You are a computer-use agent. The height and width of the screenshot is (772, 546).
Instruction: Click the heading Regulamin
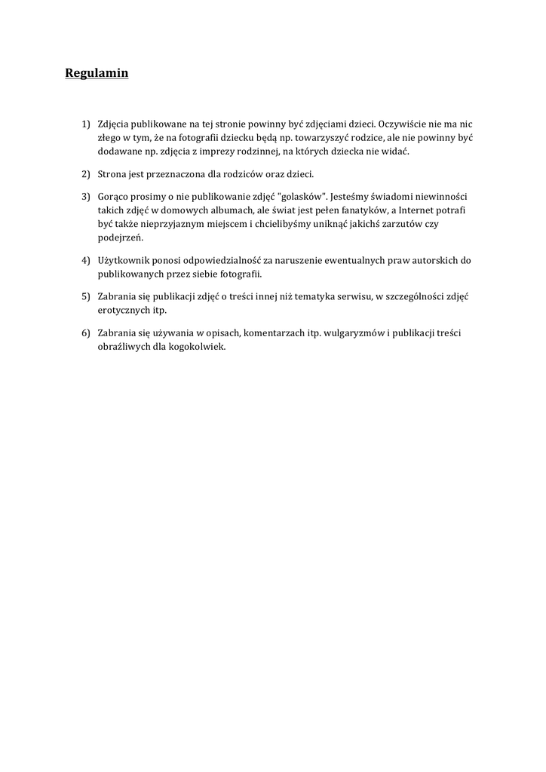pos(97,73)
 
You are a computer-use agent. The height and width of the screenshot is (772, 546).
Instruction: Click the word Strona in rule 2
pos(112,174)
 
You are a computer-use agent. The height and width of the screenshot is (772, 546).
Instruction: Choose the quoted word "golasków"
pos(302,196)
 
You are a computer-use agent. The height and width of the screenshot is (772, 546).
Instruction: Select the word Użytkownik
pos(123,260)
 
